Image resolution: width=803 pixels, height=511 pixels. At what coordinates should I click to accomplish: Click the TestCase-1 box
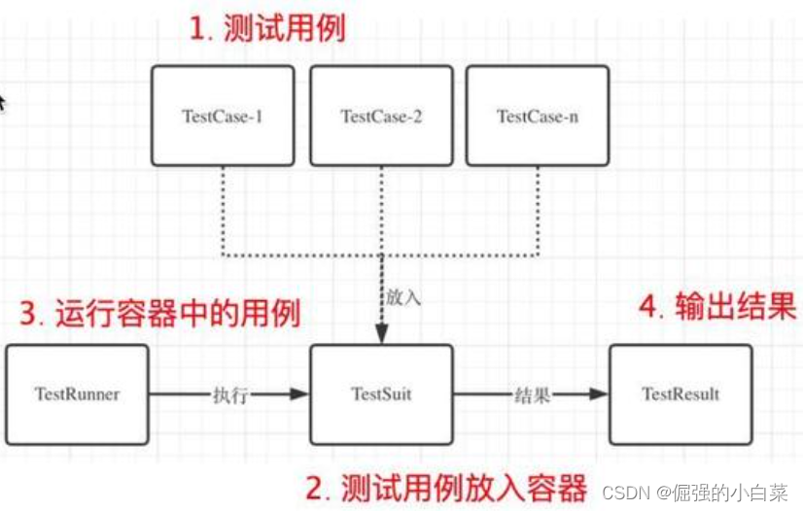(223, 116)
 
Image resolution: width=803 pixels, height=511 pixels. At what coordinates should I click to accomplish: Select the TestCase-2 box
(380, 116)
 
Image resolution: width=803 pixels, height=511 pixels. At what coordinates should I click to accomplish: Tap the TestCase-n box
(537, 116)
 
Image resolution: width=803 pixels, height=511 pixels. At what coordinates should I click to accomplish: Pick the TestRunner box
(77, 393)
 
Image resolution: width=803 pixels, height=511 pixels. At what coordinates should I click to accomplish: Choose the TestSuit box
(381, 393)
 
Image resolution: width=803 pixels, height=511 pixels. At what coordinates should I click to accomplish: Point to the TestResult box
(681, 393)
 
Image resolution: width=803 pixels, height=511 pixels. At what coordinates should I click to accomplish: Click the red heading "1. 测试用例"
(266, 28)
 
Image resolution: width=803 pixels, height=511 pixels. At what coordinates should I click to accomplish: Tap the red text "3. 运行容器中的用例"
(160, 313)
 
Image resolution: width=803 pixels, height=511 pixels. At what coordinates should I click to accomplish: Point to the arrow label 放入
(403, 298)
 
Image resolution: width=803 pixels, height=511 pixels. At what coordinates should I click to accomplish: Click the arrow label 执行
(230, 394)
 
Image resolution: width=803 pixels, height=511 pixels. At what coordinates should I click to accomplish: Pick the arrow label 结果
(533, 394)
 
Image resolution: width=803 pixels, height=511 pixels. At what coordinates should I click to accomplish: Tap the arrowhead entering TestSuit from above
(381, 334)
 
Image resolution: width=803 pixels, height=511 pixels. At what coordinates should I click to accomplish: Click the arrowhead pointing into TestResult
(601, 394)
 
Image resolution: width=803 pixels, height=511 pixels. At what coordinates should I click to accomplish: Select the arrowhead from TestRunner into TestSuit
(300, 394)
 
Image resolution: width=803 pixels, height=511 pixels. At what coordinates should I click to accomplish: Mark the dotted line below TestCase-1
(223, 209)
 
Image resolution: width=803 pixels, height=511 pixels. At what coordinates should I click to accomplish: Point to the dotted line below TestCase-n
(537, 209)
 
